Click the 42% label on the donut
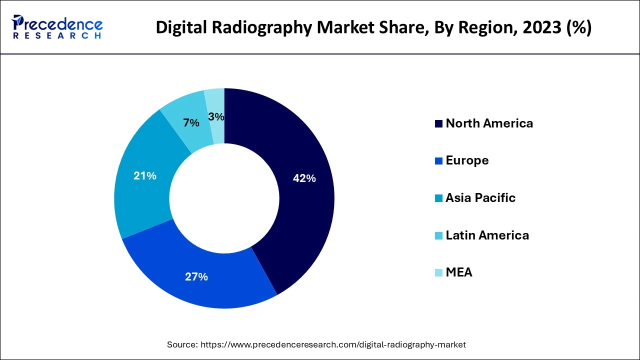pos(304,178)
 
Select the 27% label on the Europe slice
pos(196,276)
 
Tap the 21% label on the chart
pos(145,176)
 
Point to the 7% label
pos(191,122)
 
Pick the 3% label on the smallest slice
pos(216,117)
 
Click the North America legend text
pos(489,123)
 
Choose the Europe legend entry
pos(467,160)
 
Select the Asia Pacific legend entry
pos(480,198)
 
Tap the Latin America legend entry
pos(487,235)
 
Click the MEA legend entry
pos(458,272)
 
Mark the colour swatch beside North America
pos(438,124)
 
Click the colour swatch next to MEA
pos(438,273)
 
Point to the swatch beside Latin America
pos(438,235)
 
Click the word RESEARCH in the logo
pos(57,36)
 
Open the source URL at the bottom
pos(333,344)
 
